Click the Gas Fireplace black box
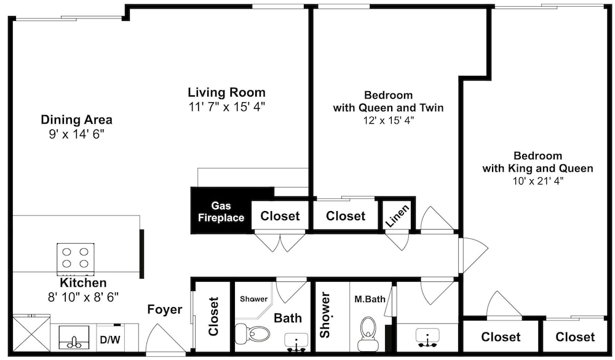click(x=221, y=211)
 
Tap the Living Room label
click(x=227, y=93)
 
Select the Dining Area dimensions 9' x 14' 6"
click(x=76, y=134)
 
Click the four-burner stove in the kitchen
click(x=75, y=257)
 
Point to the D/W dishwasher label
click(x=110, y=340)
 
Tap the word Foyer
click(x=165, y=310)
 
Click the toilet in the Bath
click(x=253, y=334)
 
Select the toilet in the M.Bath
click(x=368, y=334)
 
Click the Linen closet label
click(x=397, y=216)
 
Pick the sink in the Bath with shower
click(x=296, y=342)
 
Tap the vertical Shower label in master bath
click(x=325, y=315)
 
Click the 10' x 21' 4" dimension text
click(x=538, y=181)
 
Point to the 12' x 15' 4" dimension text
click(x=388, y=120)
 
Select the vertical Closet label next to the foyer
click(x=213, y=316)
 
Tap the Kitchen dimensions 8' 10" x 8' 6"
click(x=83, y=297)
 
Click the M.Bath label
click(x=370, y=299)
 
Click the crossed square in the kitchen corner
click(x=31, y=334)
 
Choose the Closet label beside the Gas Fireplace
click(x=280, y=216)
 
